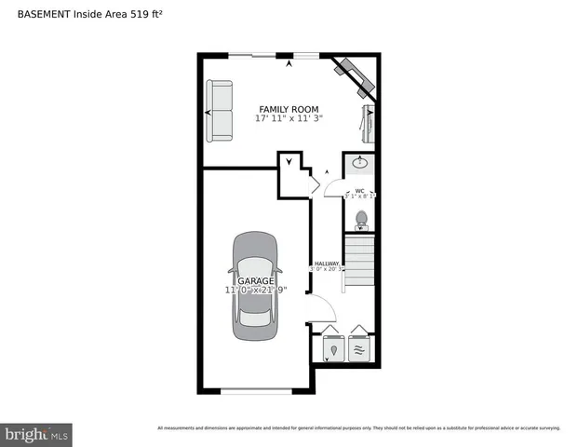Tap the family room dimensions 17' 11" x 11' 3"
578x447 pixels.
(x=289, y=119)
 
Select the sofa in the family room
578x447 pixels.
(x=220, y=112)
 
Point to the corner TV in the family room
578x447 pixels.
(x=354, y=74)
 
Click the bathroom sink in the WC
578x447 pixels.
(x=360, y=164)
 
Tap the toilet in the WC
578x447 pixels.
(x=361, y=220)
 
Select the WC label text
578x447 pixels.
(x=359, y=191)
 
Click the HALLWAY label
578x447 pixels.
(x=327, y=264)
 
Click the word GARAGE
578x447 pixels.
(x=255, y=280)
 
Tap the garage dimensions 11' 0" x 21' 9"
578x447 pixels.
(x=255, y=290)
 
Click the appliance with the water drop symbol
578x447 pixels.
(x=333, y=349)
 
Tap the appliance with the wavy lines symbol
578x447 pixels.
(x=359, y=349)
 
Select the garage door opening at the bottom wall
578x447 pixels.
(x=257, y=391)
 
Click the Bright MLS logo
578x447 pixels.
(x=37, y=434)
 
